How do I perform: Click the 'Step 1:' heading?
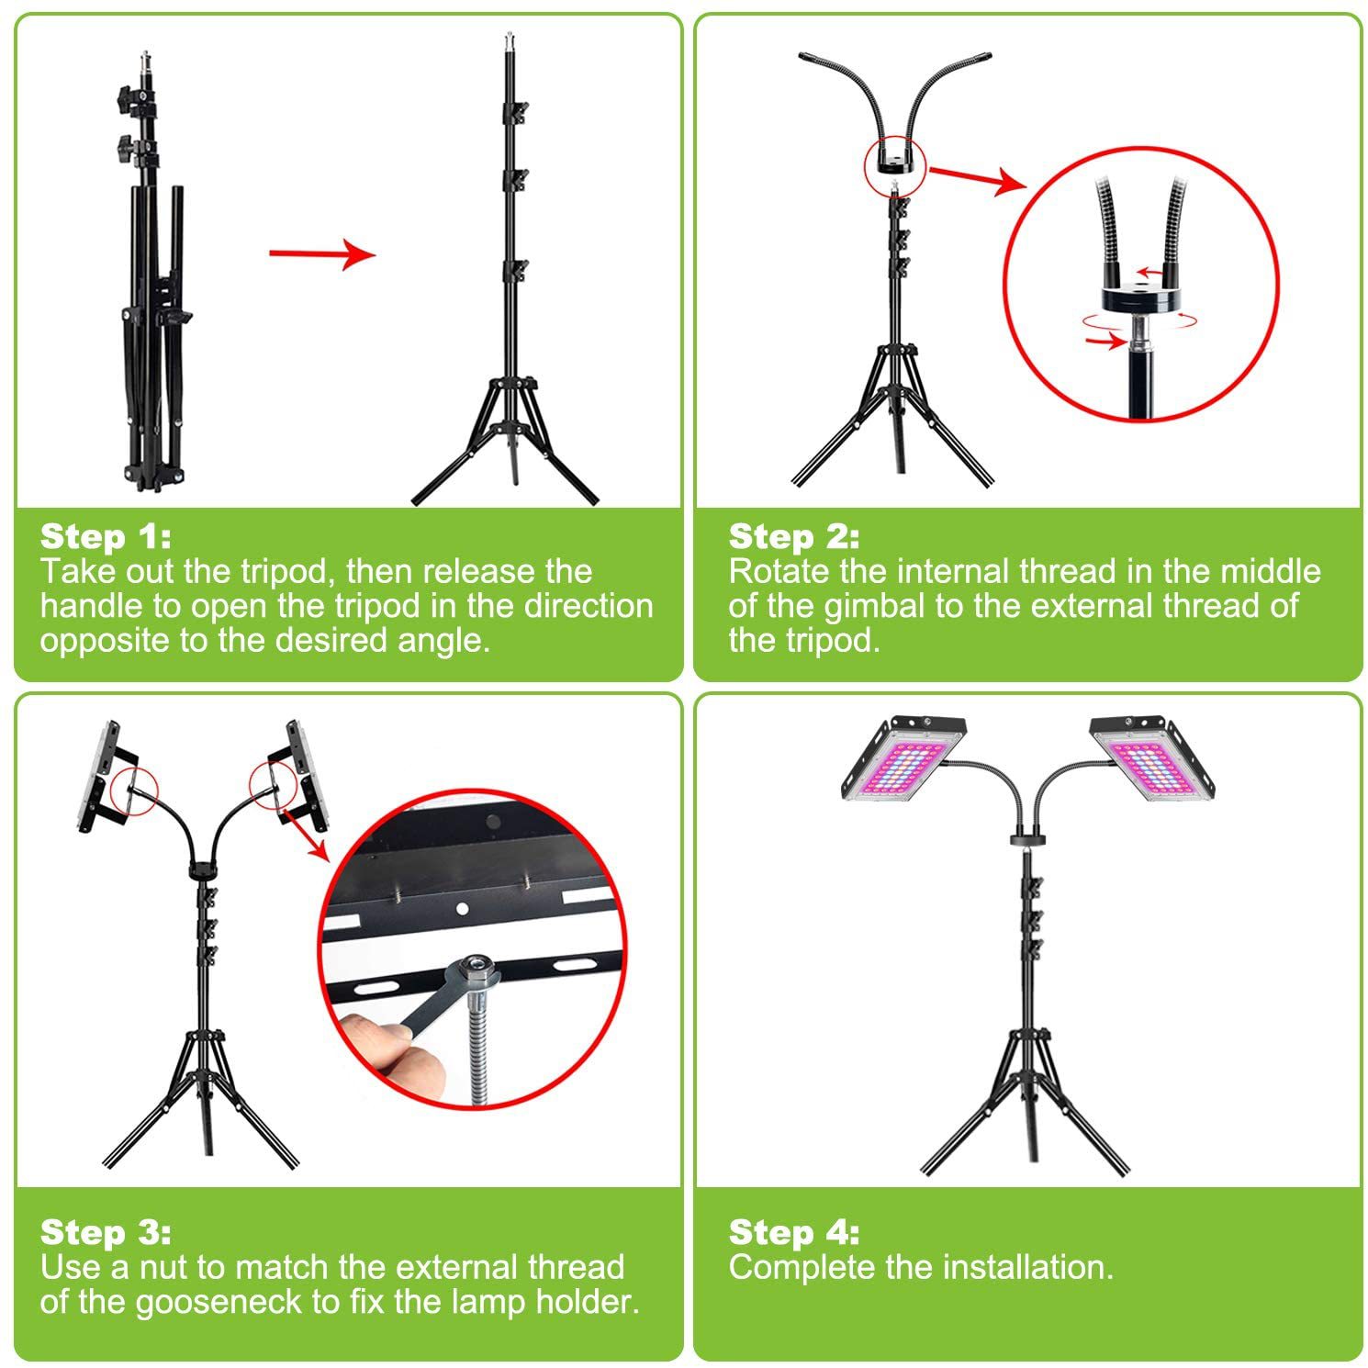point(106,536)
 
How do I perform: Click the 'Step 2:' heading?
point(794,536)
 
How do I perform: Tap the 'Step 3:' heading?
point(106,1232)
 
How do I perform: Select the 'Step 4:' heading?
point(794,1232)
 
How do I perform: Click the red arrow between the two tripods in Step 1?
point(322,253)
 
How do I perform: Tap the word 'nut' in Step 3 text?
point(167,1268)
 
